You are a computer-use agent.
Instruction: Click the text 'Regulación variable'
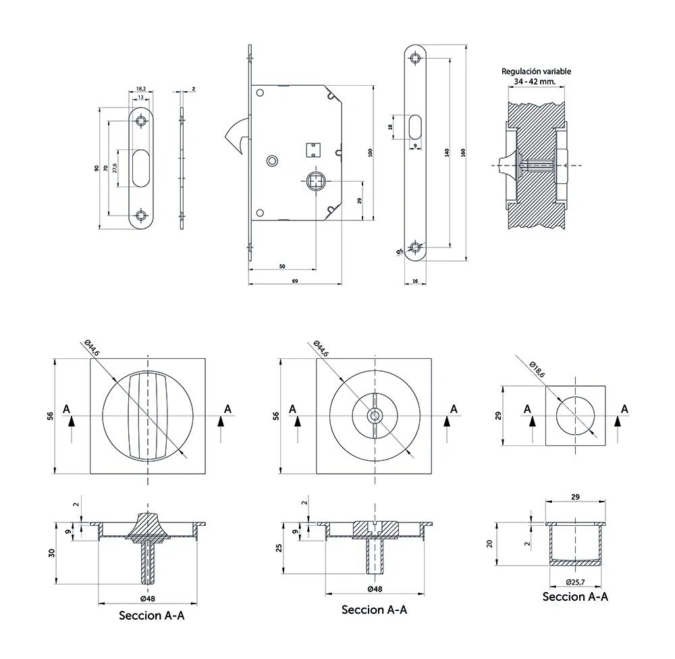point(536,72)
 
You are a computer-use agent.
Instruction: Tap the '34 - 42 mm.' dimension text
point(535,82)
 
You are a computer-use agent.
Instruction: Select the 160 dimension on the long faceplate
point(463,153)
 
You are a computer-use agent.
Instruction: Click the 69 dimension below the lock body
point(295,281)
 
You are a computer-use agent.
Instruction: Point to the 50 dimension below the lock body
point(282,266)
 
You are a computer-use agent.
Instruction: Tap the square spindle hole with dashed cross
point(317,180)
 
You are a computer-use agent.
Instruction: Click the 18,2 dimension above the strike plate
point(141,89)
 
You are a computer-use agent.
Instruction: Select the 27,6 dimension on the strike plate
point(115,168)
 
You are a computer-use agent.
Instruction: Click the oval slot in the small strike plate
point(141,168)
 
